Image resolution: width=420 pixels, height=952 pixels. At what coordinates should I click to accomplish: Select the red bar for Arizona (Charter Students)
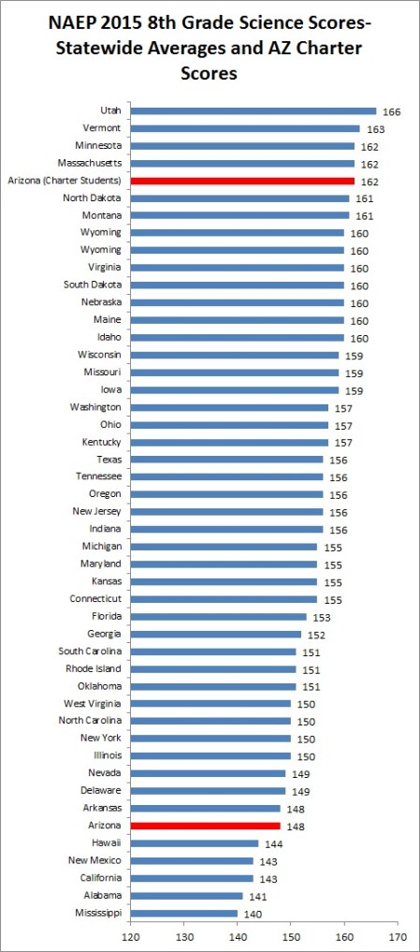[x=242, y=181]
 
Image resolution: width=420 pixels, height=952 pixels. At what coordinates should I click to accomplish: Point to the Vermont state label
[x=102, y=128]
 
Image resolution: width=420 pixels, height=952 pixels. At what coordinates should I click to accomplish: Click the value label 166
[x=392, y=111]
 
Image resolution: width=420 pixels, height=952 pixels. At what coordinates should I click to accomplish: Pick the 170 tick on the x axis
[x=399, y=934]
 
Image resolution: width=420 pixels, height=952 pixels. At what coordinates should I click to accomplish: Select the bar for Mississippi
[x=184, y=913]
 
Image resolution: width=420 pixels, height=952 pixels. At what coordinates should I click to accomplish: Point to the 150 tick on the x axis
[x=292, y=934]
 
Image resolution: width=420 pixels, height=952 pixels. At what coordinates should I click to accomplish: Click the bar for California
[x=192, y=878]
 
